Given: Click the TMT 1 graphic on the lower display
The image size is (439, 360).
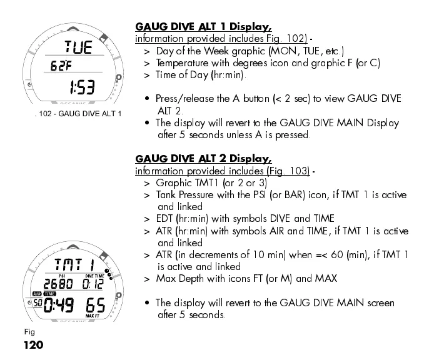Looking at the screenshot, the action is [74, 263].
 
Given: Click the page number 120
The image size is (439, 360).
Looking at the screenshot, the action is [33, 345].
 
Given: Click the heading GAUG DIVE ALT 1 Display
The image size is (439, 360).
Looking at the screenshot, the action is [203, 27].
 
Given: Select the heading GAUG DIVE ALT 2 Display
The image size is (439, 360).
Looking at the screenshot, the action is [203, 159].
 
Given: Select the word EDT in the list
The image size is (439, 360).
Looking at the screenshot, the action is [166, 218].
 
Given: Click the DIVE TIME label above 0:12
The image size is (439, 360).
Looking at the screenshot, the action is [94, 275].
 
